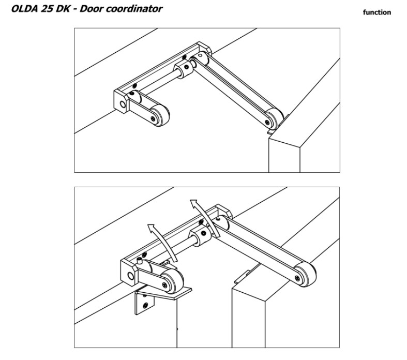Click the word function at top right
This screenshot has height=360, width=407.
[376, 12]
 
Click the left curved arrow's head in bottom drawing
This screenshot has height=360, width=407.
[150, 227]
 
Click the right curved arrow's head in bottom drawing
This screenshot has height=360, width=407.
[193, 202]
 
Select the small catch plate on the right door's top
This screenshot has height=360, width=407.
[243, 275]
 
